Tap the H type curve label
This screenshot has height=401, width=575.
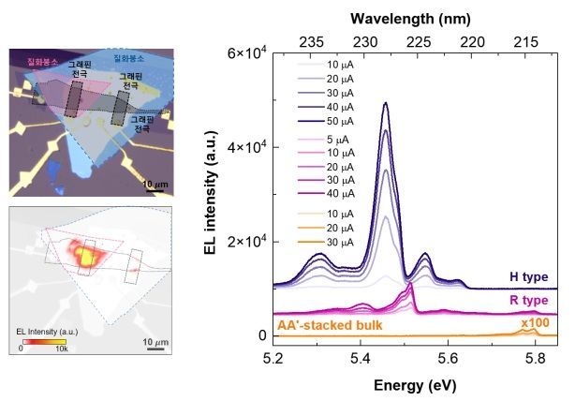528,277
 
